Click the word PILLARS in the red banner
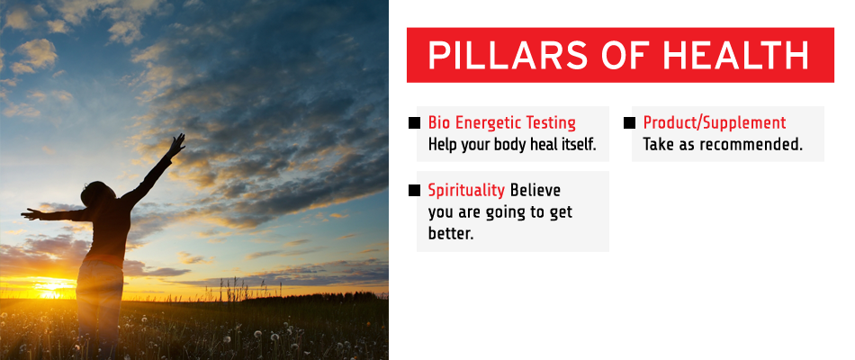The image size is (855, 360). tap(508, 55)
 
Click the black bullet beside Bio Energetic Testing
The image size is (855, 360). tap(414, 122)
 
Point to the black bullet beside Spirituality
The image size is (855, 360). tap(414, 191)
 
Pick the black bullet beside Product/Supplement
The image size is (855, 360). tap(629, 122)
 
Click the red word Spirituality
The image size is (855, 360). tap(466, 191)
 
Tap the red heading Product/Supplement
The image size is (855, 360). tap(715, 123)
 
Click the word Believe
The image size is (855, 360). tap(535, 191)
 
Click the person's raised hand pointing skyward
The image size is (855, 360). tap(176, 145)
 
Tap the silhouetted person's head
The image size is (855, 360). tap(96, 193)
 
